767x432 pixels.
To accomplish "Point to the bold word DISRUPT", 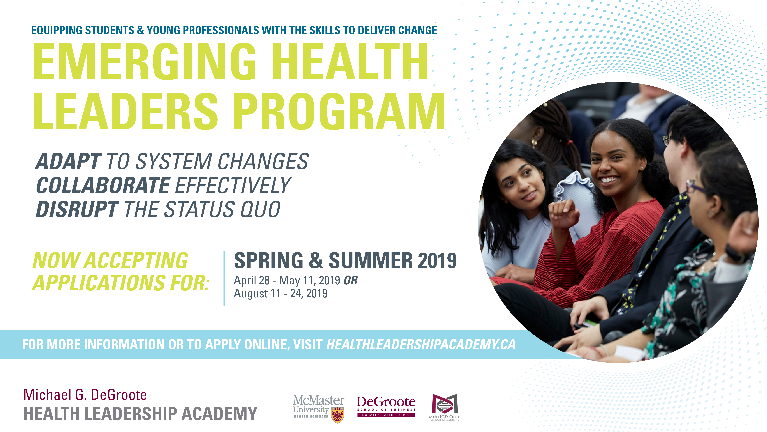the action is click(77, 209).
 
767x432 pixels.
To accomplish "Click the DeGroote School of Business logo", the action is click(386, 406).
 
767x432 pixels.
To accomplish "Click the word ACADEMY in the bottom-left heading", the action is click(219, 414).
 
